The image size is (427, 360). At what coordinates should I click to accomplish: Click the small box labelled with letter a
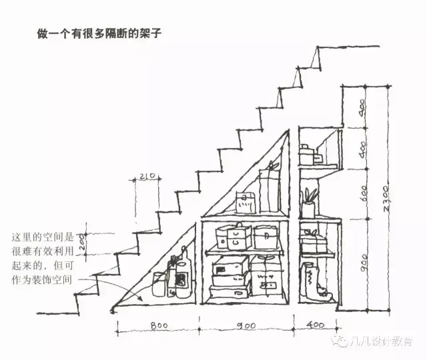pyautogui.click(x=245, y=203)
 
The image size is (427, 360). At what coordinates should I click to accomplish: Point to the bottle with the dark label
pyautogui.click(x=180, y=277)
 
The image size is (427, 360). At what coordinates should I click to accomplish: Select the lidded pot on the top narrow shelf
pyautogui.click(x=306, y=155)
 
